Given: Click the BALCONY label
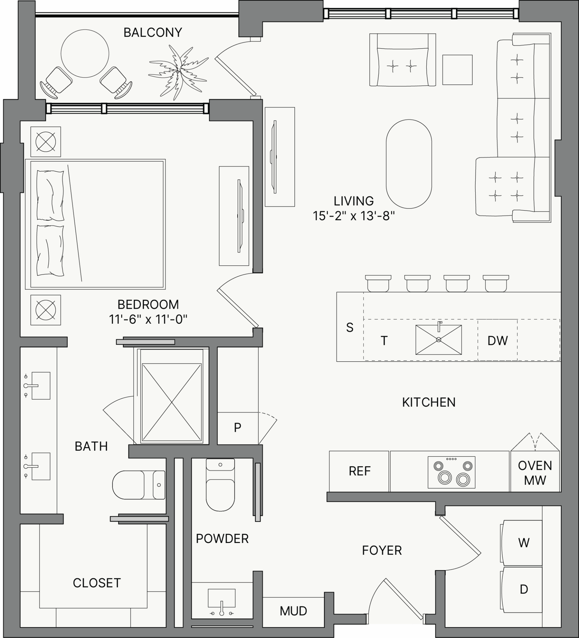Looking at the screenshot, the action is tap(153, 32).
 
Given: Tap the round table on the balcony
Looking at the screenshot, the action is tap(85, 54).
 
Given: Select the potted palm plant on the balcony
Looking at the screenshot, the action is tap(178, 72).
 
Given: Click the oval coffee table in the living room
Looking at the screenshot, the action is tap(409, 164).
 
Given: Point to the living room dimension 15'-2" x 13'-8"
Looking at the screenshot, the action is tap(354, 216).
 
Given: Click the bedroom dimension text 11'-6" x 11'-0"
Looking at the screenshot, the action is tap(148, 319).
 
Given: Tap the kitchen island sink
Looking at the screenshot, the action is tap(439, 340).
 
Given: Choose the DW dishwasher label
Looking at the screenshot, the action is tap(498, 340).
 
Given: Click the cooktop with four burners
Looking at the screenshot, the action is tap(452, 472).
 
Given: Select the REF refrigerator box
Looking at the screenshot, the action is tap(359, 471).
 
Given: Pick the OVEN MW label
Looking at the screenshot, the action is tap(535, 473).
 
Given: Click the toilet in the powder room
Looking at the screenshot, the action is tap(220, 484).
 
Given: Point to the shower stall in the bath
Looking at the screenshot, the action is tap(172, 402).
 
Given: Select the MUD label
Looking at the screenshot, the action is tap(293, 611).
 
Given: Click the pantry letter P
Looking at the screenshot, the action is tap(238, 427).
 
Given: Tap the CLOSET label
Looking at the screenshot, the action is tap(97, 583).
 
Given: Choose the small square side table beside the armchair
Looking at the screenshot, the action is tap(457, 70).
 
